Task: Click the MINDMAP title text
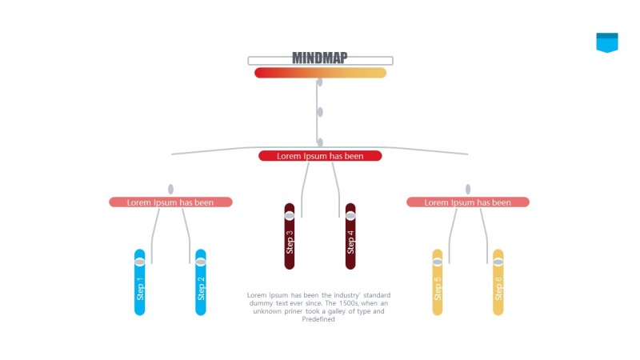point(320,58)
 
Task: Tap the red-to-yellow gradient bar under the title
point(320,73)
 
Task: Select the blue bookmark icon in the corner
point(607,42)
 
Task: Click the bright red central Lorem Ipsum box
point(320,156)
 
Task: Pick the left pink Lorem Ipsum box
point(170,202)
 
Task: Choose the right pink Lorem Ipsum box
point(468,202)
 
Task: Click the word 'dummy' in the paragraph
point(262,303)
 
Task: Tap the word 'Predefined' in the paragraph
point(318,319)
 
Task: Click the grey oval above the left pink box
point(170,190)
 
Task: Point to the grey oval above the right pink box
point(468,190)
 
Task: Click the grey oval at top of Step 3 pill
point(290,215)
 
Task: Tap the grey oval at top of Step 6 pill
point(498,262)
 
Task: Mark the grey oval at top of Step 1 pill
point(140,262)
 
